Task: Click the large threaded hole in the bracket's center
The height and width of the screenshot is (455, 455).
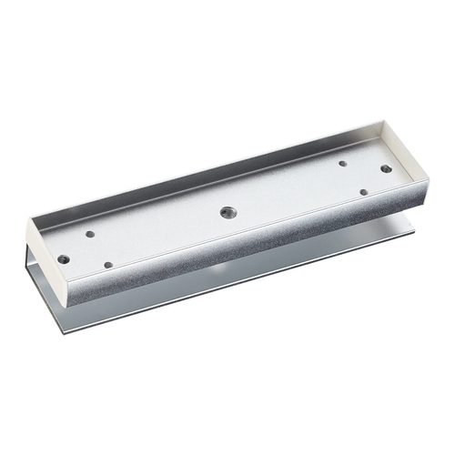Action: pyautogui.click(x=226, y=211)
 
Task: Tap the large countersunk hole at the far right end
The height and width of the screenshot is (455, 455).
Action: pyautogui.click(x=387, y=169)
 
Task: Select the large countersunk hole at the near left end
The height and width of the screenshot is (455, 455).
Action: pyautogui.click(x=63, y=258)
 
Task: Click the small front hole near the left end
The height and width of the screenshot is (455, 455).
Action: pyautogui.click(x=108, y=265)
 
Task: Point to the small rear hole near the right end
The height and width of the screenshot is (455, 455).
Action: pyautogui.click(x=343, y=164)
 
